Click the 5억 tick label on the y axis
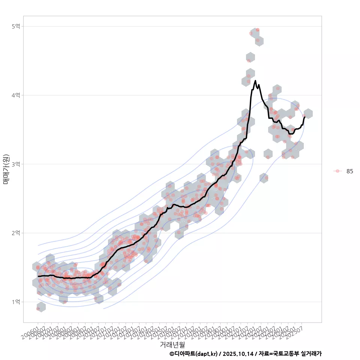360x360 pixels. pyautogui.click(x=16, y=26)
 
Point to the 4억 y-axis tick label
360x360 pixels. pyautogui.click(x=16, y=95)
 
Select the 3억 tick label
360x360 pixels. pyautogui.click(x=16, y=164)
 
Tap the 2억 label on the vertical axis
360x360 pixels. pyautogui.click(x=16, y=233)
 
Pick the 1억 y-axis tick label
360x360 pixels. pyautogui.click(x=16, y=302)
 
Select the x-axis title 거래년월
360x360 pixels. pyautogui.click(x=172, y=344)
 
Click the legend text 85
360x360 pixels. pyautogui.click(x=349, y=171)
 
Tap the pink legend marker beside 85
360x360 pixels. pyautogui.click(x=337, y=171)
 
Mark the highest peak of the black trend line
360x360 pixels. pyautogui.click(x=255, y=81)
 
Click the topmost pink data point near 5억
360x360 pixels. pyautogui.click(x=257, y=30)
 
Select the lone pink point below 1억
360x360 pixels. pyautogui.click(x=38, y=308)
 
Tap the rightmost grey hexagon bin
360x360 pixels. pyautogui.click(x=308, y=113)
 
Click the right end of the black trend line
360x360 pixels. pyautogui.click(x=305, y=117)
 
